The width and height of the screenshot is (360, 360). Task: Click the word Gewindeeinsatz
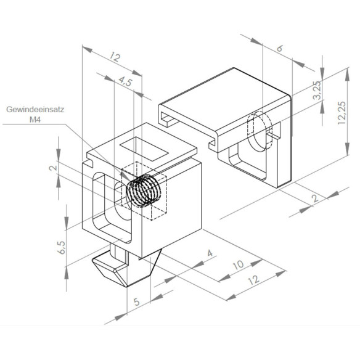point(35,109)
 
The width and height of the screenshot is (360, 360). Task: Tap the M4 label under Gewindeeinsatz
point(35,120)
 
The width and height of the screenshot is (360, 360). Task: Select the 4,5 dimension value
point(126,81)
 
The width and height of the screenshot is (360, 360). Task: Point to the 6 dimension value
point(280,49)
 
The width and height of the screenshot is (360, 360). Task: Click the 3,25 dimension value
point(317,90)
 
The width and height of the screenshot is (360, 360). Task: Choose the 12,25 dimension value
point(342,113)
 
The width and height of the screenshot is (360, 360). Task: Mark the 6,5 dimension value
point(62,247)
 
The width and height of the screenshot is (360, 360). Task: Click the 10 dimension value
point(239,265)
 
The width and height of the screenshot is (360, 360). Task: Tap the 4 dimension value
point(210,253)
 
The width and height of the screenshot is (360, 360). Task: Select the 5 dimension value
point(137,301)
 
